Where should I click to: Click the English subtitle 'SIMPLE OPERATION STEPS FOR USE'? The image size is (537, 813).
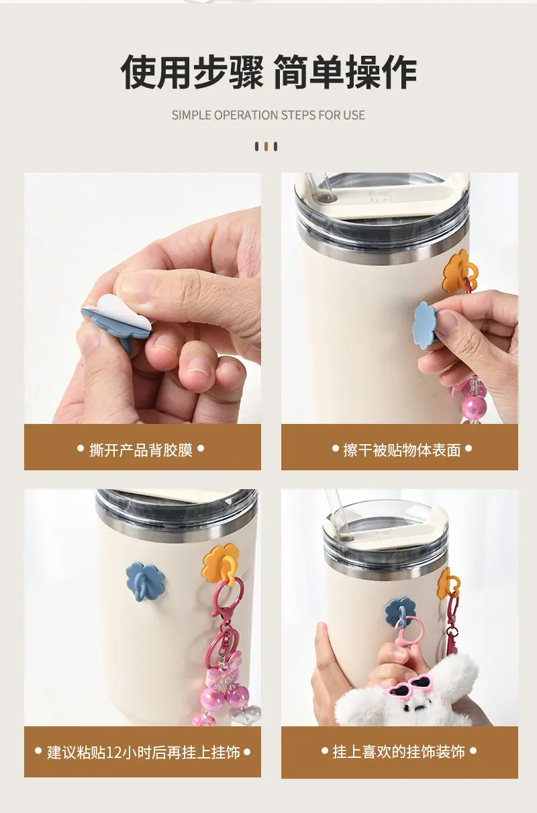[x=268, y=115]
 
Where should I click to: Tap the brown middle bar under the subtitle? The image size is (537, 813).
[x=266, y=146]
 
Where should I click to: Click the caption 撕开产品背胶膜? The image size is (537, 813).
[x=141, y=450]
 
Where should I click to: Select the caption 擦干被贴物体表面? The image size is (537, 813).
[x=402, y=450]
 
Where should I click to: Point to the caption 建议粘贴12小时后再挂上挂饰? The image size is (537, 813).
[x=143, y=753]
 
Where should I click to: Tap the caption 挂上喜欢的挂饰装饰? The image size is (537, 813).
[x=399, y=752]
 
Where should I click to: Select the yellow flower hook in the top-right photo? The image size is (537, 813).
[x=459, y=272]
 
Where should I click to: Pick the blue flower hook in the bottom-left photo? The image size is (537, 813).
[x=145, y=581]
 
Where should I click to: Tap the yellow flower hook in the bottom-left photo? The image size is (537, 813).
[x=222, y=565]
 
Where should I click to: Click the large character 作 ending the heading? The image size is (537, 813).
[x=399, y=72]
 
